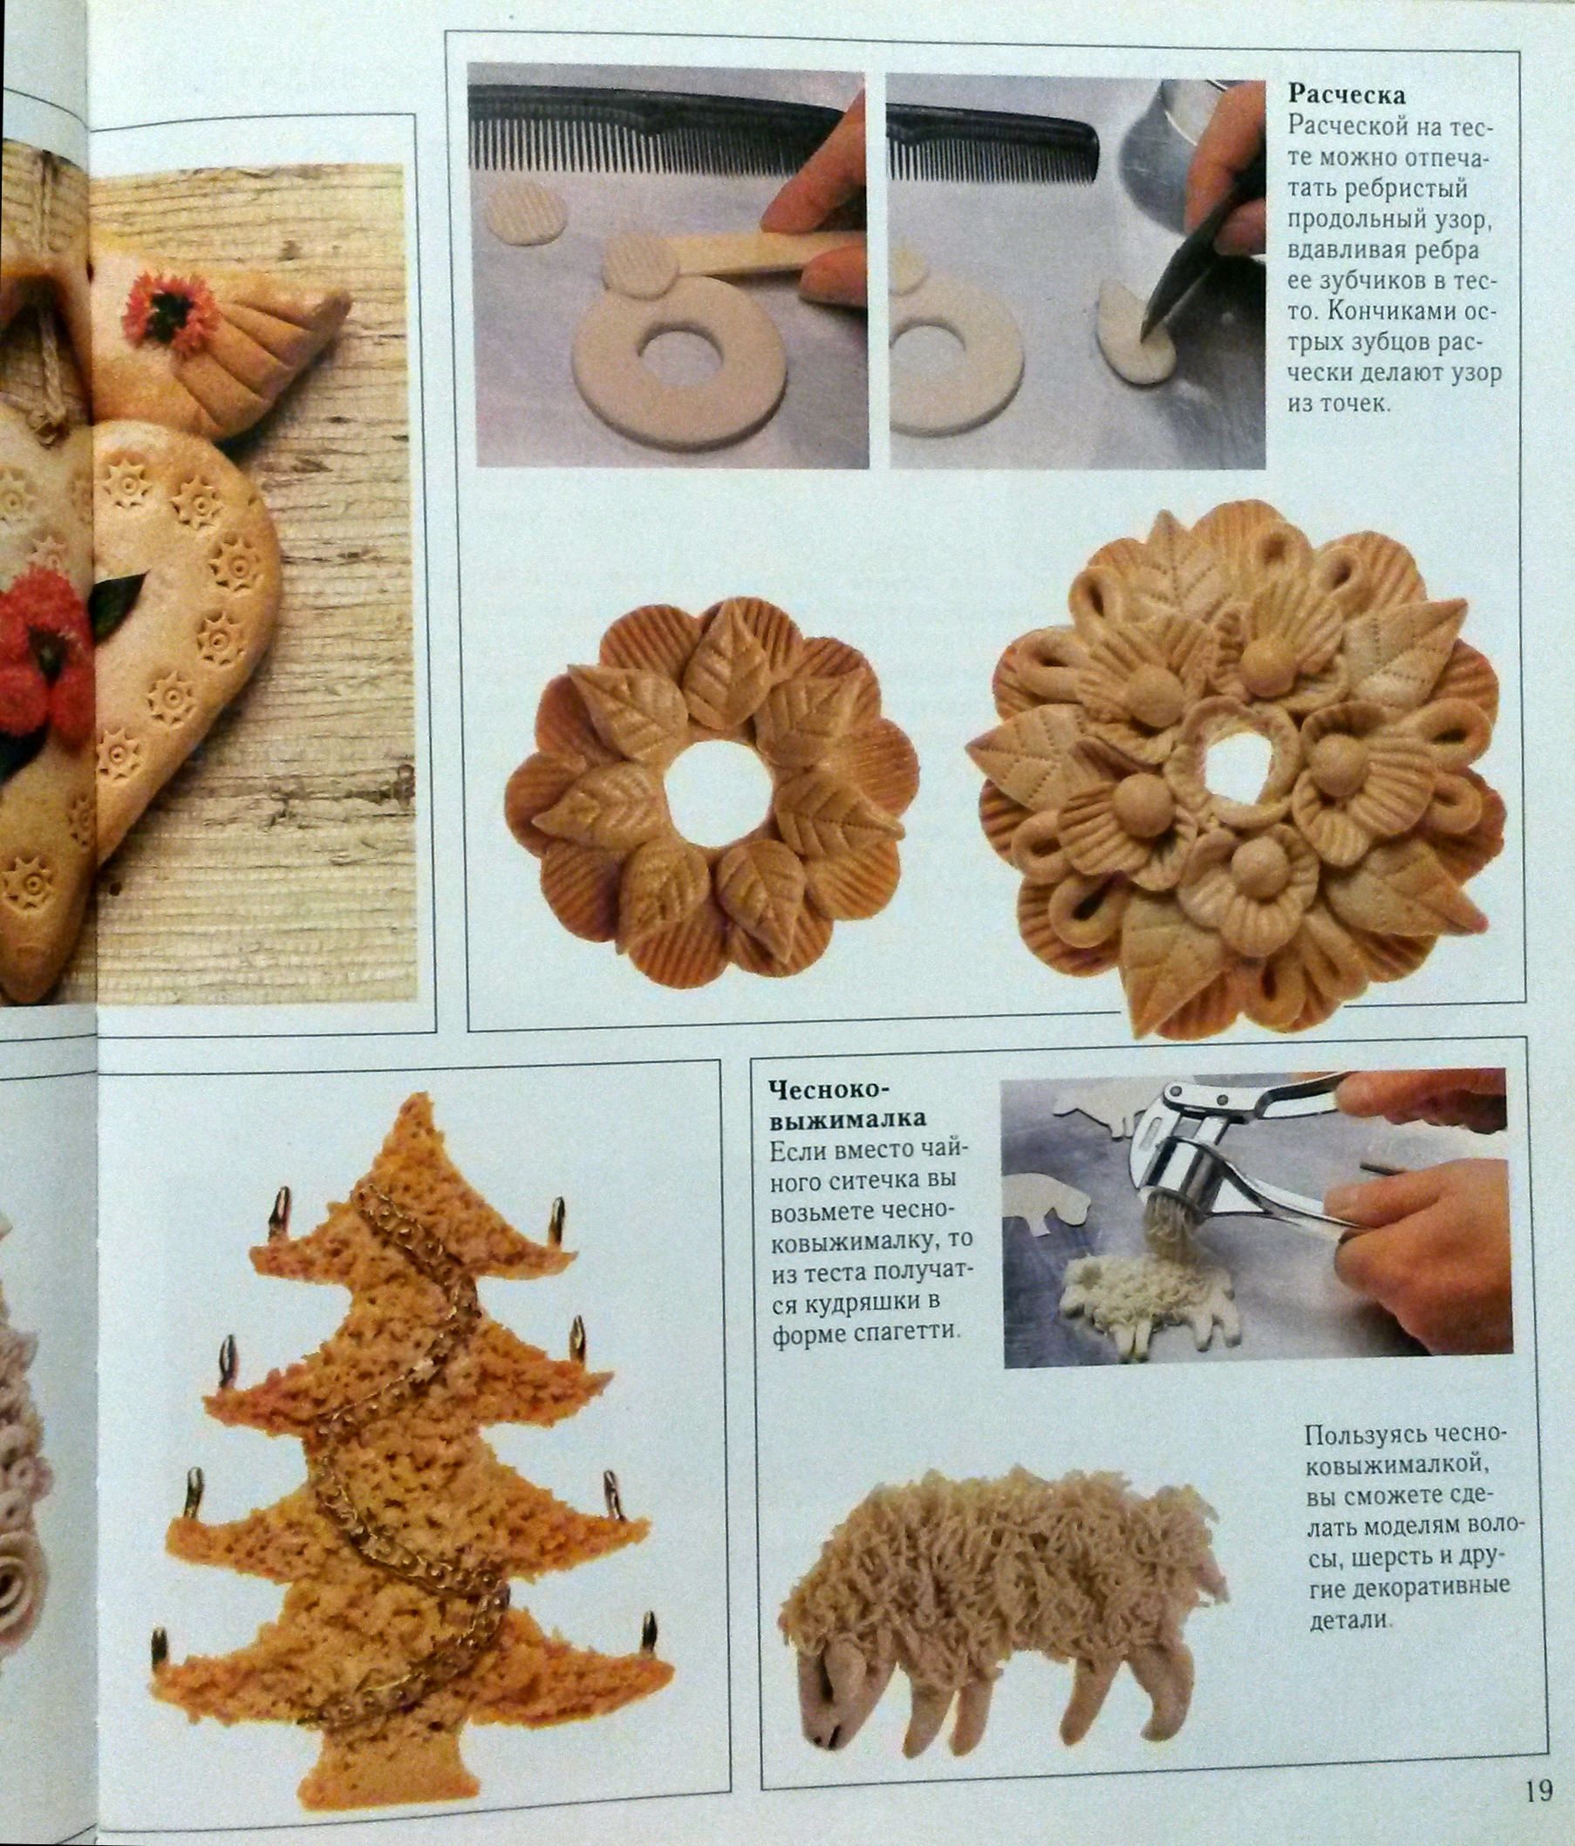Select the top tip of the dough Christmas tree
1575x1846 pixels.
(411, 1098)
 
